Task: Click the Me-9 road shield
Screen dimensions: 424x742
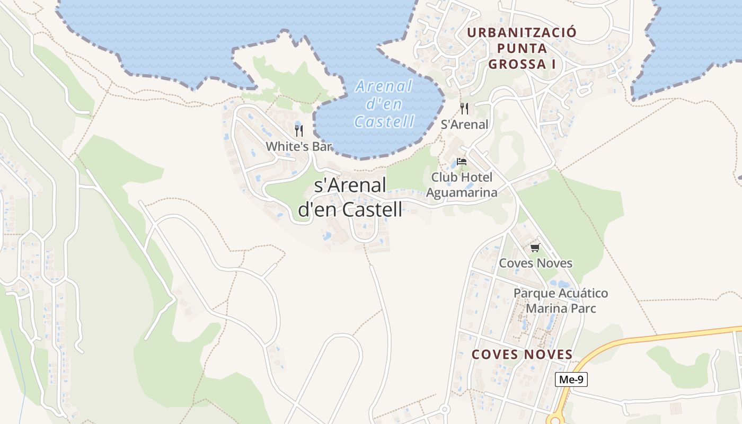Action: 571,379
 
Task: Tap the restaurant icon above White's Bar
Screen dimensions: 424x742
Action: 299,130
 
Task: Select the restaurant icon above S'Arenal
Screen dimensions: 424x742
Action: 464,109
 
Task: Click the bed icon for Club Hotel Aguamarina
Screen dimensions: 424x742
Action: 462,162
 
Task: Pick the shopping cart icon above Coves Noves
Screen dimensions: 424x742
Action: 535,248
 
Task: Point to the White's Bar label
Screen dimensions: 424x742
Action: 298,146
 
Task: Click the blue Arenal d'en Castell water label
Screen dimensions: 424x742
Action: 384,103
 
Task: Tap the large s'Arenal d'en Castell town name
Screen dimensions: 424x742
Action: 350,197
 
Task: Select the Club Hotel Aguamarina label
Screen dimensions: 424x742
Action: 462,184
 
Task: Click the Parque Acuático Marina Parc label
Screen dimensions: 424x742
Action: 561,301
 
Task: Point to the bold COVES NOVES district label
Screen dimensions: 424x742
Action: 522,355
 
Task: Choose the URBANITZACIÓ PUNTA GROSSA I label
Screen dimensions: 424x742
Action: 522,48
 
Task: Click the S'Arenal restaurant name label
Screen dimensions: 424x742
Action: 464,125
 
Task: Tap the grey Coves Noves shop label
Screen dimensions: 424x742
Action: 536,263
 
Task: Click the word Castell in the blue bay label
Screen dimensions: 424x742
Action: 384,122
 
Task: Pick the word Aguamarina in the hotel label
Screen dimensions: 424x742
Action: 462,192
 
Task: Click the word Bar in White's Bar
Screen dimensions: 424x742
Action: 321,146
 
